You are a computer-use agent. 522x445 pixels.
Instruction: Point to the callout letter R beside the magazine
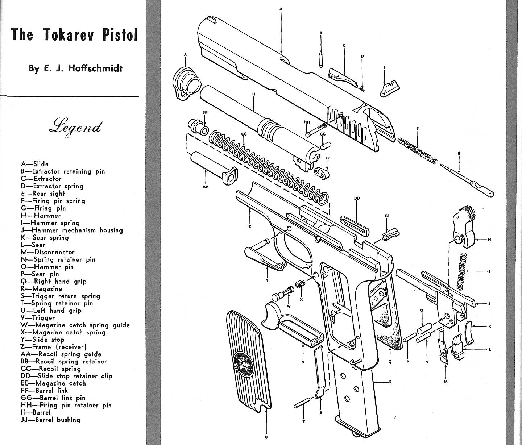tap(390, 382)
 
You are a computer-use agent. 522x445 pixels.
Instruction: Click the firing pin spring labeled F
tap(417, 150)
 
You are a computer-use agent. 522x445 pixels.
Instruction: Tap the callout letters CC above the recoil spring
tap(244, 134)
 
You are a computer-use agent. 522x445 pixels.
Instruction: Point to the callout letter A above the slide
tap(281, 8)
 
